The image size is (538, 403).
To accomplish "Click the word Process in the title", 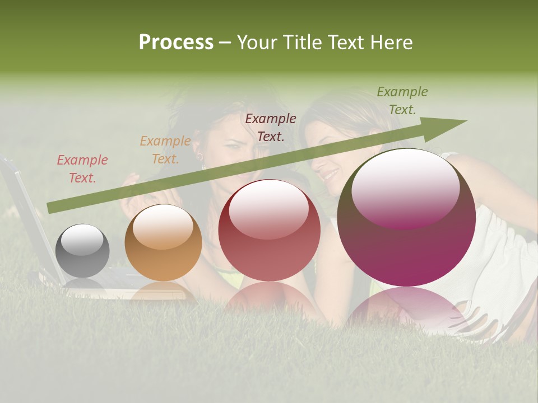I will point(176,43).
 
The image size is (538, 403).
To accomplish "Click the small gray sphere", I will point(82,250).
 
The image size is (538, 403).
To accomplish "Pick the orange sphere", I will point(163,242).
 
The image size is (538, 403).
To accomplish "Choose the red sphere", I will point(269,230).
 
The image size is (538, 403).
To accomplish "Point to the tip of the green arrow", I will point(465,121).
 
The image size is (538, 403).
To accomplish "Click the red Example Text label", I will point(82,169).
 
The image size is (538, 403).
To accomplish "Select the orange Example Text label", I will point(165,150).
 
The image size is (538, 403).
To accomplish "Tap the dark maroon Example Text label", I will point(271,127).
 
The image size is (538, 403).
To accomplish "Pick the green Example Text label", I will point(402,101).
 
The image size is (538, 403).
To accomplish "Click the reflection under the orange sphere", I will point(163,290).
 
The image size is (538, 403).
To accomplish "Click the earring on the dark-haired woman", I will point(198,157).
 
